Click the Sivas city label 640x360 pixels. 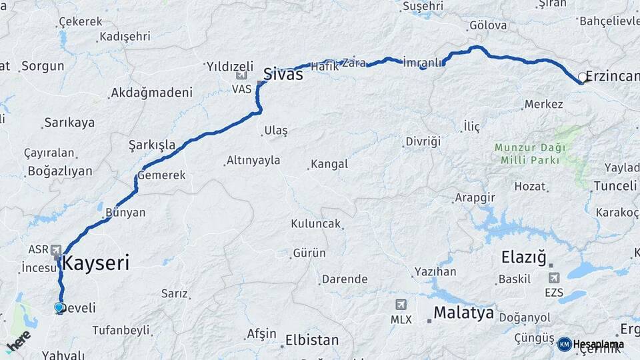tap(283, 74)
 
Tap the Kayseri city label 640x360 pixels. tap(96, 263)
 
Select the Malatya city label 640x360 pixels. tap(463, 313)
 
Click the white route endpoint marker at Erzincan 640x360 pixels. tap(583, 78)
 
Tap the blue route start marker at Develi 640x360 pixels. tap(59, 307)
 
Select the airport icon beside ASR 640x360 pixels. tap(57, 248)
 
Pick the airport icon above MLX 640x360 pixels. tap(400, 305)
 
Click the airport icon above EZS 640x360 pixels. tap(553, 277)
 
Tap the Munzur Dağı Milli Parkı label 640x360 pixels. tap(530, 153)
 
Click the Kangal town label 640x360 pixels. tap(329, 164)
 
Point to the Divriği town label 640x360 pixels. tap(423, 141)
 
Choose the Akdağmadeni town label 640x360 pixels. tap(152, 93)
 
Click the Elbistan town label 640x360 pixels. tap(312, 340)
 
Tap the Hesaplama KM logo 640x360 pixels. tap(591, 344)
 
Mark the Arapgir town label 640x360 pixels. tap(475, 198)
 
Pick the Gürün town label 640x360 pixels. tap(309, 253)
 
